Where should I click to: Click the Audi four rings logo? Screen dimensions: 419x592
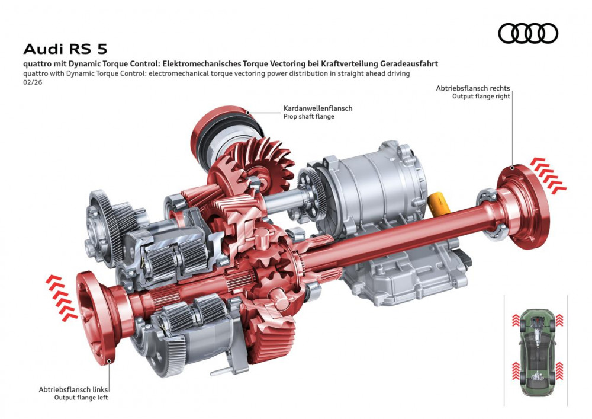coord(528,33)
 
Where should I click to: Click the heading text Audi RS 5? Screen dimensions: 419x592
coord(65,49)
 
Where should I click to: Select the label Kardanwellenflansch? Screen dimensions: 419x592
coord(318,108)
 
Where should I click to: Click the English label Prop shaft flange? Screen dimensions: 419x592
coord(308,117)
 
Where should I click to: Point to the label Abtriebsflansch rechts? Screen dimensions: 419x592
coord(472,88)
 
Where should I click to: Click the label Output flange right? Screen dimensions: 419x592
coord(481,96)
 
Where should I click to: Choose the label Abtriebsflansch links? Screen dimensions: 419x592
coord(73,389)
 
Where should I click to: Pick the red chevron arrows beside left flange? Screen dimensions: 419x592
coord(61,297)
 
